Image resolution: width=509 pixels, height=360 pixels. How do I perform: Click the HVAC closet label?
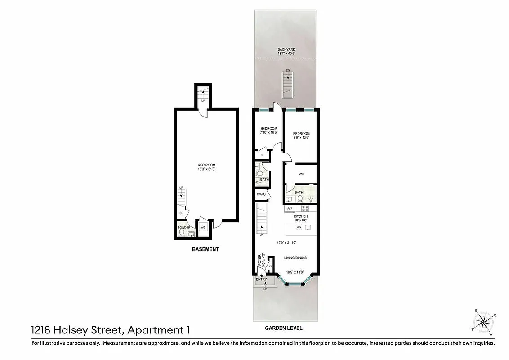[261, 194]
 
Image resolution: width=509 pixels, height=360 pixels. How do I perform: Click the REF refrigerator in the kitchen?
[290, 209]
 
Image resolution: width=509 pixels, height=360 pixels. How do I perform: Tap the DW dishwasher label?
[299, 227]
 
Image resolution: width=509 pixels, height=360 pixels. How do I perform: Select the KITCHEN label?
[301, 216]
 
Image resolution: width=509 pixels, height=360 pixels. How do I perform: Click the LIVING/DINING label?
[295, 258]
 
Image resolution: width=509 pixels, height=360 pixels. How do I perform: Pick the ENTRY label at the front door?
[261, 279]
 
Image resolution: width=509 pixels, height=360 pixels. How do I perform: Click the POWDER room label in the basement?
[184, 228]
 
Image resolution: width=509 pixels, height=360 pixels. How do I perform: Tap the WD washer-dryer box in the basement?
[203, 227]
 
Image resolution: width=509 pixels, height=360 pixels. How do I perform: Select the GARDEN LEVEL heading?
[283, 328]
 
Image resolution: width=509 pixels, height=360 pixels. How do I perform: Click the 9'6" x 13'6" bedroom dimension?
[301, 138]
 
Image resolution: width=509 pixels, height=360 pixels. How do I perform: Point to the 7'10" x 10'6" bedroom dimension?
[269, 133]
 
